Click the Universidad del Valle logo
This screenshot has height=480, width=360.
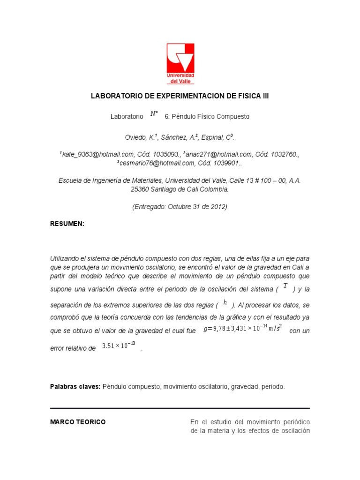[x=180, y=63]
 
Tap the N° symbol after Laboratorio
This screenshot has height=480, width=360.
[x=154, y=114]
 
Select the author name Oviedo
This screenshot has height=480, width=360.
[x=136, y=137]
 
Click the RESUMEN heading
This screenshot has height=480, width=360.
[x=67, y=224]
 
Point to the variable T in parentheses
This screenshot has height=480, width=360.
[x=285, y=286]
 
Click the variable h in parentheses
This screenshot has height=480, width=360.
[x=225, y=302]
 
